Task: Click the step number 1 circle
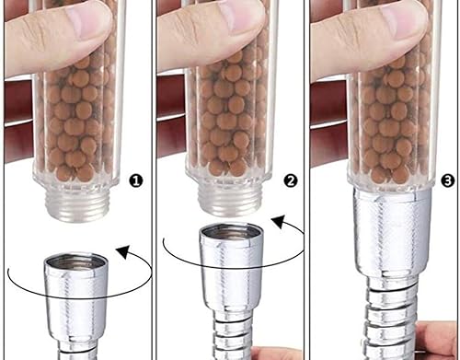(136, 180)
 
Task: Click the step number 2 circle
(291, 180)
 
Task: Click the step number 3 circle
(448, 180)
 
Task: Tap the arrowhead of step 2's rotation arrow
(279, 222)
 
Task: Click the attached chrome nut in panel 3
(392, 231)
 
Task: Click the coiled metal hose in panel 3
(389, 316)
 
